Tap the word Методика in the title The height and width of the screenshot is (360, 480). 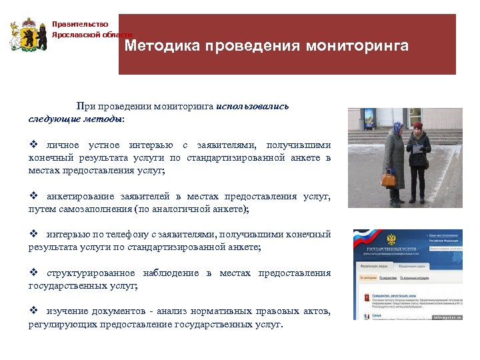[161, 47]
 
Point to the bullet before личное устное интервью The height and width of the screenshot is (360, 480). [33, 145]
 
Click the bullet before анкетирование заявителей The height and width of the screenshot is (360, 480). [33, 197]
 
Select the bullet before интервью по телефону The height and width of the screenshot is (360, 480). [33, 235]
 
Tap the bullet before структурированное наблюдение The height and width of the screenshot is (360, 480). [33, 273]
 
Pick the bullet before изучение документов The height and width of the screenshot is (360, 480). [33, 312]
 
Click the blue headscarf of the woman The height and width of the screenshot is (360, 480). [397, 127]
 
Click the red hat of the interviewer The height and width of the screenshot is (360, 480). [418, 125]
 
